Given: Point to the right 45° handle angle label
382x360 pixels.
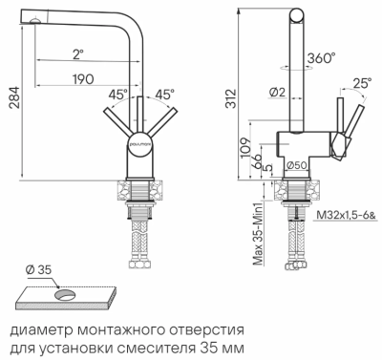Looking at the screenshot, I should click(x=163, y=95).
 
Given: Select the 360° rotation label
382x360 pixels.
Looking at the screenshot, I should click(x=321, y=56).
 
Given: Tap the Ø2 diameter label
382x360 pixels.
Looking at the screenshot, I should click(x=278, y=92).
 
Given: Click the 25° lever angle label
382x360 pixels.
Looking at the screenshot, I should click(x=362, y=84).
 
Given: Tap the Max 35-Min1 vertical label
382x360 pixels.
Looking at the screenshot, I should click(x=256, y=235).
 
